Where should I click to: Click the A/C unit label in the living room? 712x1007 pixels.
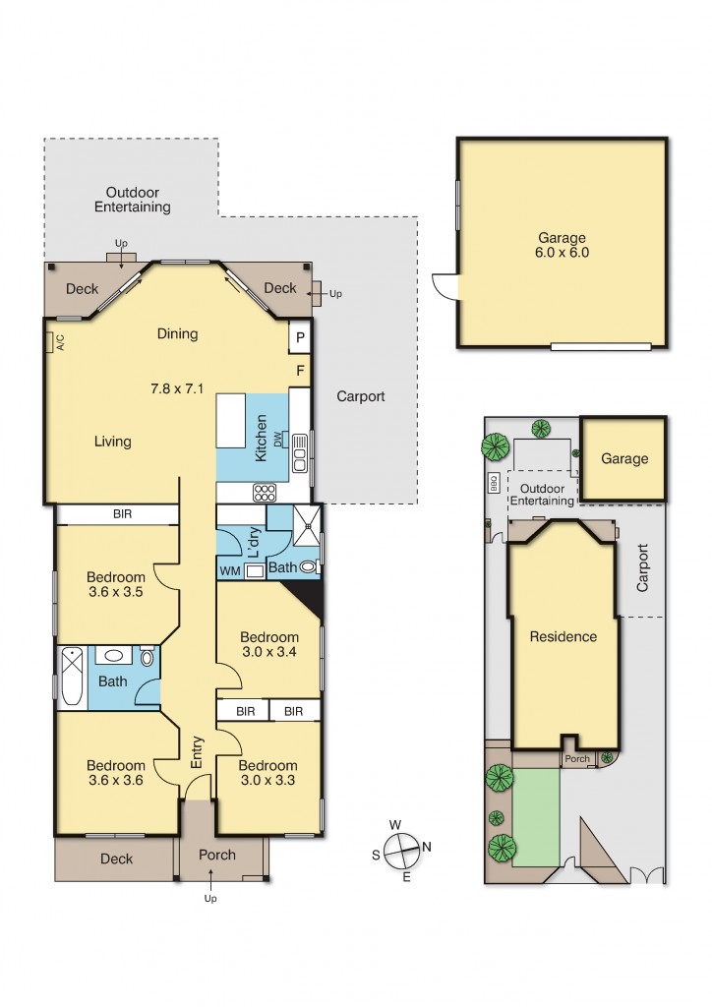(x=59, y=342)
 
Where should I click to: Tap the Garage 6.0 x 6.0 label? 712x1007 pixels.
(x=563, y=244)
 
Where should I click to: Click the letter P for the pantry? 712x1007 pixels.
(x=299, y=338)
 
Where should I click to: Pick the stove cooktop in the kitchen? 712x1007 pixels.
(x=267, y=492)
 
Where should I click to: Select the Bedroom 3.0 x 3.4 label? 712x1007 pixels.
(x=268, y=643)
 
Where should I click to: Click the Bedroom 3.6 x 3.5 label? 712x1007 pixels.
(x=115, y=584)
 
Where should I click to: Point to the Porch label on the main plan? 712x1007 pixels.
(x=217, y=855)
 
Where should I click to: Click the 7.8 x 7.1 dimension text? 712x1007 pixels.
(x=177, y=387)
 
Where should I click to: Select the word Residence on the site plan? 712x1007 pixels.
(x=564, y=636)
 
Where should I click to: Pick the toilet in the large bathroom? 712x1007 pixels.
(x=148, y=657)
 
